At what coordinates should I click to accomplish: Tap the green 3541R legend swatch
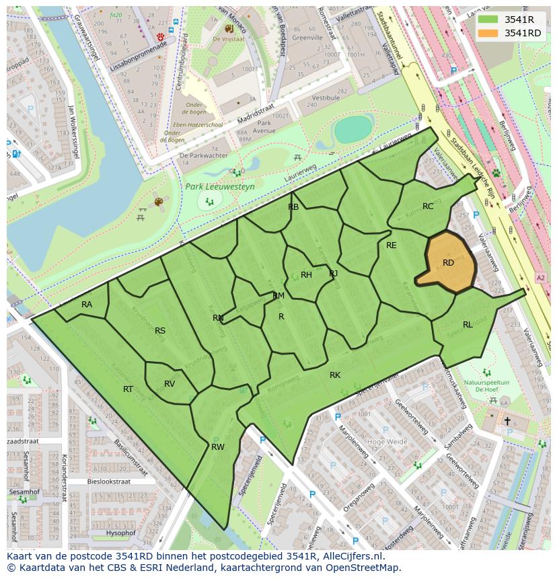tap(488, 20)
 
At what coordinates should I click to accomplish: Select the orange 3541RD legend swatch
tap(488, 33)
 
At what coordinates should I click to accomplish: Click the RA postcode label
tap(87, 305)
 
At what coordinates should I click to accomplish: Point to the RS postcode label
tap(160, 330)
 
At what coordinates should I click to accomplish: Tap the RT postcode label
tap(128, 389)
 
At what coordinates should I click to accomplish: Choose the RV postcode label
tap(170, 384)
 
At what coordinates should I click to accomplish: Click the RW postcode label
tap(217, 447)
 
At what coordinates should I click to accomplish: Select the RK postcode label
tap(335, 375)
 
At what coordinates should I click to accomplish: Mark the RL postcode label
tap(468, 324)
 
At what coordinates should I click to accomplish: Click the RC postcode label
tap(428, 206)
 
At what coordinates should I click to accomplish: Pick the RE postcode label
tap(392, 245)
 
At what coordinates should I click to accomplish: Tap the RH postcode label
tap(306, 274)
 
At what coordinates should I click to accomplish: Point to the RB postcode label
tap(293, 207)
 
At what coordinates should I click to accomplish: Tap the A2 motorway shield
tap(541, 277)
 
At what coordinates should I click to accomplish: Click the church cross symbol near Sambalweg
tap(507, 421)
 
